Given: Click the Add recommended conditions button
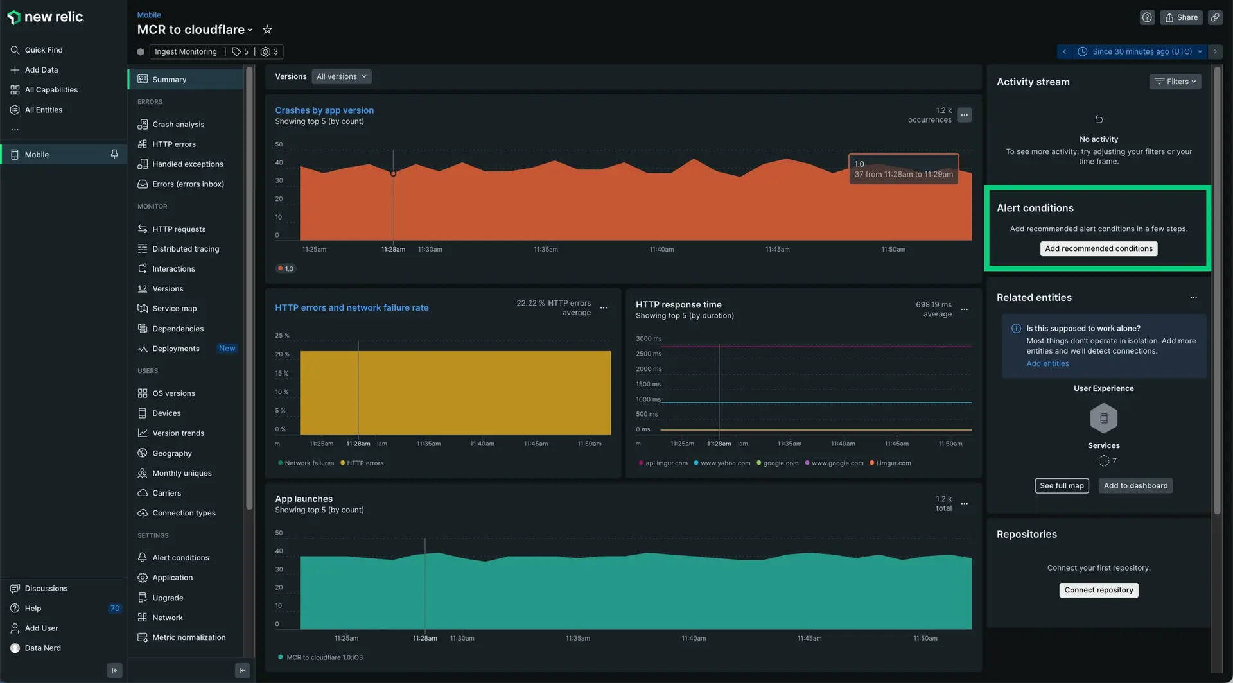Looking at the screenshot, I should [1098, 249].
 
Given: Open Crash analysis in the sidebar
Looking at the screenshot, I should [178, 125].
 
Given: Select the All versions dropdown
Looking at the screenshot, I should [341, 77].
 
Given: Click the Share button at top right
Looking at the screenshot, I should [1181, 18].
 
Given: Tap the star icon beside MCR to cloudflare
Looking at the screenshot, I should [267, 30].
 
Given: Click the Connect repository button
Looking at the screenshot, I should [1098, 591].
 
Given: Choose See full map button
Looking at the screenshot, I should [1061, 486].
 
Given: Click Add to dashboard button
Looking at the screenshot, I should [1135, 486].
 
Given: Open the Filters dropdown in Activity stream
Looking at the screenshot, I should [1175, 82].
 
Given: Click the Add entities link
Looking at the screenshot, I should [1047, 364].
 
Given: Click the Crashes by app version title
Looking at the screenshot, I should [324, 110].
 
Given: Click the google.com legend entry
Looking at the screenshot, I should [780, 463].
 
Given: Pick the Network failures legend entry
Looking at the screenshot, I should [308, 463].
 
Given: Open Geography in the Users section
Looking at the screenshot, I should [171, 453].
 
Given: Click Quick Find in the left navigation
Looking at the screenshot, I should [43, 50].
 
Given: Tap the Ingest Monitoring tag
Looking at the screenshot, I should [185, 52].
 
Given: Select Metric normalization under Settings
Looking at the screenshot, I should [188, 637].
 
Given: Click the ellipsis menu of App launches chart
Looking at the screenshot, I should [964, 504].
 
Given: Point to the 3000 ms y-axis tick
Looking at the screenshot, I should [648, 339].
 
